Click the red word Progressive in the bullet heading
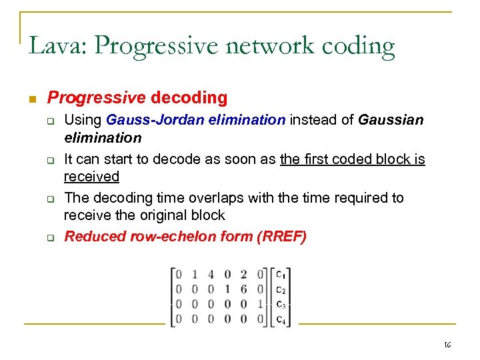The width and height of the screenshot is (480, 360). click(x=96, y=98)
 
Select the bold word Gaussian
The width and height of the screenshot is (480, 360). click(x=390, y=121)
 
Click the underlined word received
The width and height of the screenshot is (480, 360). click(x=91, y=177)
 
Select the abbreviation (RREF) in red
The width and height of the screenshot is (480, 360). click(x=281, y=237)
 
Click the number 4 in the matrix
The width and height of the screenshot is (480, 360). click(x=210, y=274)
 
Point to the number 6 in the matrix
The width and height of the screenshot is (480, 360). click(x=243, y=289)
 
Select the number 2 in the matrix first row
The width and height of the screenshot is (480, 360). click(x=243, y=274)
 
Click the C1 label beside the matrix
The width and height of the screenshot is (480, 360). click(x=281, y=274)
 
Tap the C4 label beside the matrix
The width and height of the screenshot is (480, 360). click(x=281, y=319)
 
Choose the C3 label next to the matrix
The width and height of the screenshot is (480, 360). click(x=281, y=304)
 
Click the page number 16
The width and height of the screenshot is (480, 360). click(x=447, y=345)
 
